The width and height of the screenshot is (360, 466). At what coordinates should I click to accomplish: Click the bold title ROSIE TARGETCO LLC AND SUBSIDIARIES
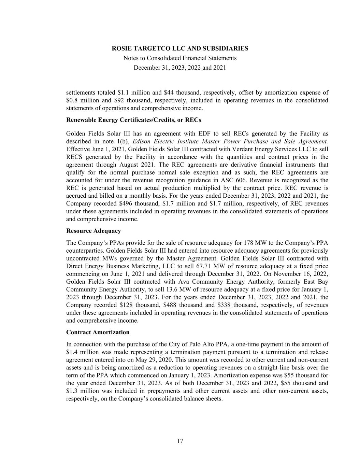(180, 48)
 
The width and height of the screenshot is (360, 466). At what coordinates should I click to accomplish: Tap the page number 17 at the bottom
(180, 441)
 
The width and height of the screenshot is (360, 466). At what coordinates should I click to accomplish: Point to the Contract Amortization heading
(98, 332)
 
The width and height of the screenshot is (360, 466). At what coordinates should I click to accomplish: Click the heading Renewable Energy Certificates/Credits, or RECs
(133, 120)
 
